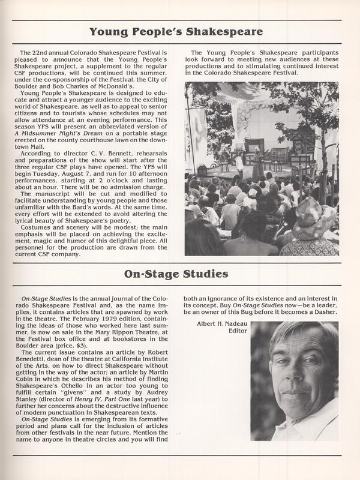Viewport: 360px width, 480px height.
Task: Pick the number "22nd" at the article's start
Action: click(37, 53)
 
